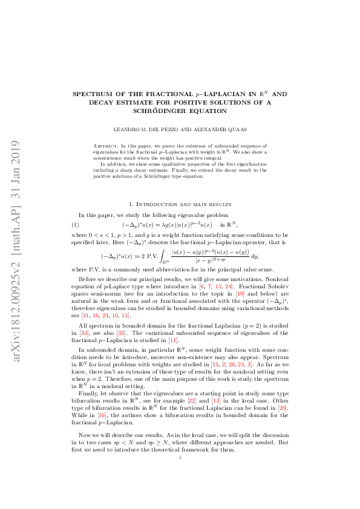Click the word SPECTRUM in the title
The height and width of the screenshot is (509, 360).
93,95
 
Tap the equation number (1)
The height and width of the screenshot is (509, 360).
76,224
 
